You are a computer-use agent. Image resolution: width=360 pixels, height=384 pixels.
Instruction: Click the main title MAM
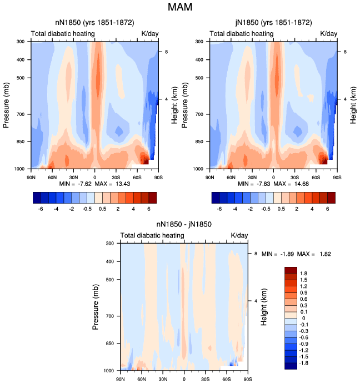tap(180, 7)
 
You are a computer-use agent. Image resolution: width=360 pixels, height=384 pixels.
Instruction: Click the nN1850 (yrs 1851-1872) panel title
tap(94, 23)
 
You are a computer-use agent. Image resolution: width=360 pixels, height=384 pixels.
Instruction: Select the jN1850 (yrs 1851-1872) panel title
tap(273, 23)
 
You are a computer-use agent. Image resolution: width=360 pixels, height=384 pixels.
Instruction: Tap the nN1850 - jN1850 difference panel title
tap(184, 224)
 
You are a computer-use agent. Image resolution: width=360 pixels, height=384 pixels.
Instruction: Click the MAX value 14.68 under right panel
tap(302, 184)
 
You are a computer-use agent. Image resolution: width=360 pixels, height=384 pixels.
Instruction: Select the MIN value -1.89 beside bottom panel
tap(287, 254)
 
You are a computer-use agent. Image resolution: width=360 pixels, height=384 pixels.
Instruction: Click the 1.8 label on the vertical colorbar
tap(303, 274)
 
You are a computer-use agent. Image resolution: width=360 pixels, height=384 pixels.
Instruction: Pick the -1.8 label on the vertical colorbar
tap(303, 363)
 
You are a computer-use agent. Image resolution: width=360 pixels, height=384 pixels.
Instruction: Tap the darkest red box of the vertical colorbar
tap(291, 270)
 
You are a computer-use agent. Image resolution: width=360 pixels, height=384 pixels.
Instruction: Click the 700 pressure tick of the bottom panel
tap(110, 316)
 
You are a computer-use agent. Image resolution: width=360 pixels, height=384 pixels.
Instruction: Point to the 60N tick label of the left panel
tap(52, 178)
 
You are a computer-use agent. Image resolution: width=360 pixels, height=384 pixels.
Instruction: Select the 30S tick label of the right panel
tap(295, 178)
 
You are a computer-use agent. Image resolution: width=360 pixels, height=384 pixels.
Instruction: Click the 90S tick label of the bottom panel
tap(248, 380)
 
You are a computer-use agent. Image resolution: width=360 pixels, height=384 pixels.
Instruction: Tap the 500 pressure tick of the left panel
tap(21, 78)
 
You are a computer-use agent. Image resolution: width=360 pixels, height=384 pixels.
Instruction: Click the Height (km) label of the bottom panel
tap(264, 307)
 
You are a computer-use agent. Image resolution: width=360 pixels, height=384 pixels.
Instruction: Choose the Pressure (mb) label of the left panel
tap(6, 105)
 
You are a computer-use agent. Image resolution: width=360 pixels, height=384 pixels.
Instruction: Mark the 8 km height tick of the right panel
tap(345, 52)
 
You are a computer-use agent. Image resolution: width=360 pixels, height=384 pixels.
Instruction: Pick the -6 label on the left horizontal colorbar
tap(41, 209)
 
